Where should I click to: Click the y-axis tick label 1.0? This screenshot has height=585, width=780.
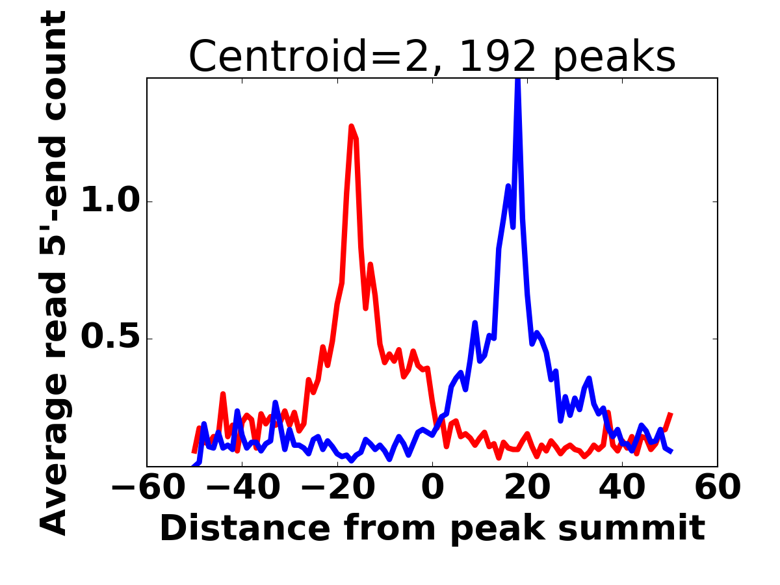(x=110, y=201)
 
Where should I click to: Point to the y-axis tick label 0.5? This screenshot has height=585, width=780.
(x=110, y=339)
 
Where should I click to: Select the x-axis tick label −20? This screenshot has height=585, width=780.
(x=337, y=488)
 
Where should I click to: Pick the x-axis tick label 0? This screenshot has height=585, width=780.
(x=432, y=488)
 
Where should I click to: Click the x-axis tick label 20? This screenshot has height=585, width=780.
(x=527, y=488)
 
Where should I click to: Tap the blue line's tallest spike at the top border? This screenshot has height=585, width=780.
(x=517, y=81)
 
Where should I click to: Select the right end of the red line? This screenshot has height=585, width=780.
(x=671, y=413)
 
